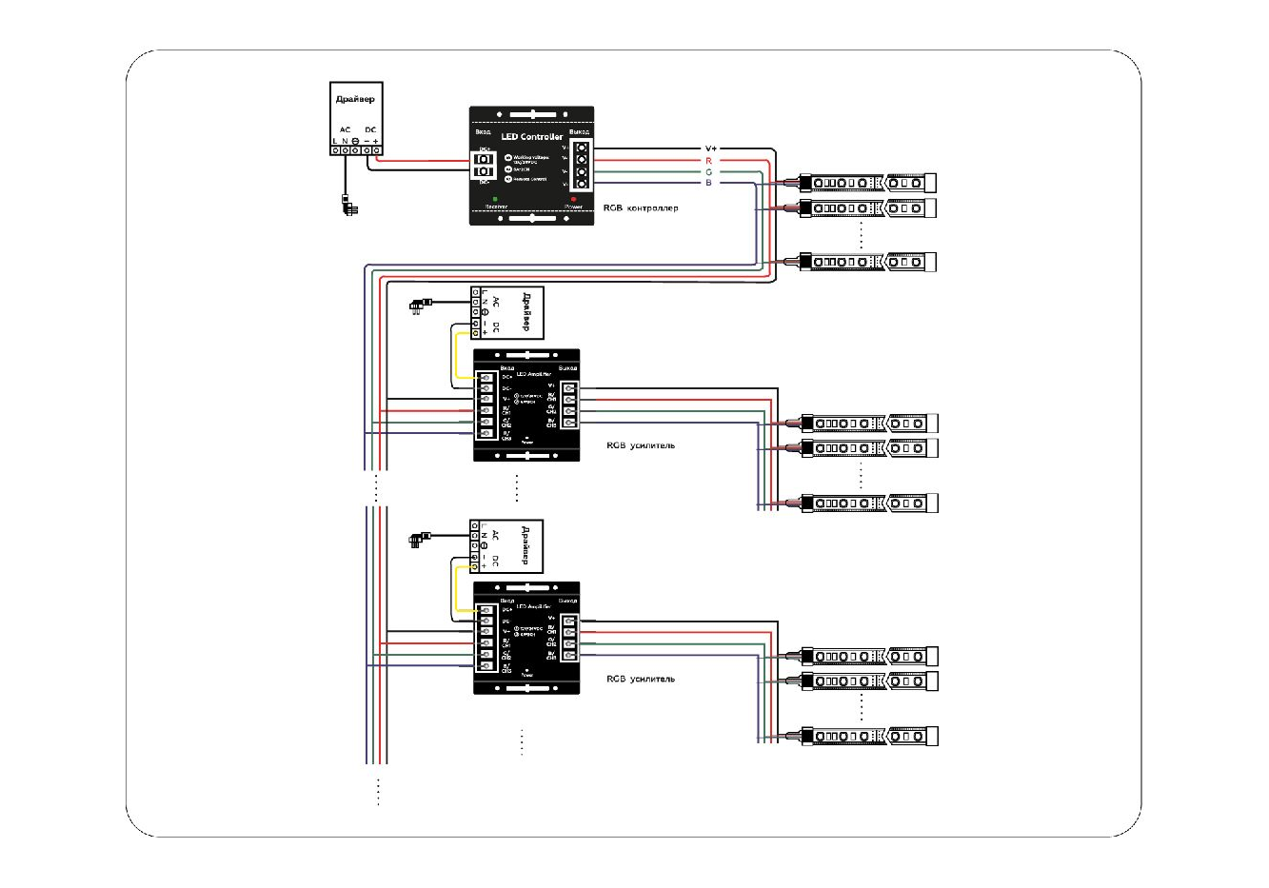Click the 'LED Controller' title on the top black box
(x=531, y=137)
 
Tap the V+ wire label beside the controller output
(x=710, y=148)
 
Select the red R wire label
(x=708, y=161)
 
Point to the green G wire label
(x=708, y=172)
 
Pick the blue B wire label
(x=708, y=183)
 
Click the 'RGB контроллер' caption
(x=641, y=207)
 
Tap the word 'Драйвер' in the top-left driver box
(x=355, y=99)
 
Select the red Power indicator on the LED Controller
(x=573, y=198)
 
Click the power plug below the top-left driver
(x=349, y=203)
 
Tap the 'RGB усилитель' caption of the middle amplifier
(x=641, y=445)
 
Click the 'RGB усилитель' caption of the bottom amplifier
(x=641, y=680)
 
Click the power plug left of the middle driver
(x=419, y=306)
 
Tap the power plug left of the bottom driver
(x=419, y=540)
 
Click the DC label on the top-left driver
(x=370, y=129)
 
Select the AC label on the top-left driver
(x=345, y=129)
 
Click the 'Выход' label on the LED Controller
(x=578, y=131)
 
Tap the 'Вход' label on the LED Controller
(x=483, y=131)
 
